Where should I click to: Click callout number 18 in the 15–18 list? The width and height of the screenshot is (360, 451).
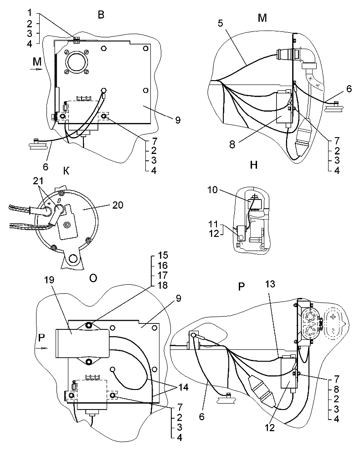click(x=163, y=285)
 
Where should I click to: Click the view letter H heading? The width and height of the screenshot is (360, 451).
click(x=254, y=164)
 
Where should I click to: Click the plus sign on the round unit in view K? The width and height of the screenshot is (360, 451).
click(x=48, y=204)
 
